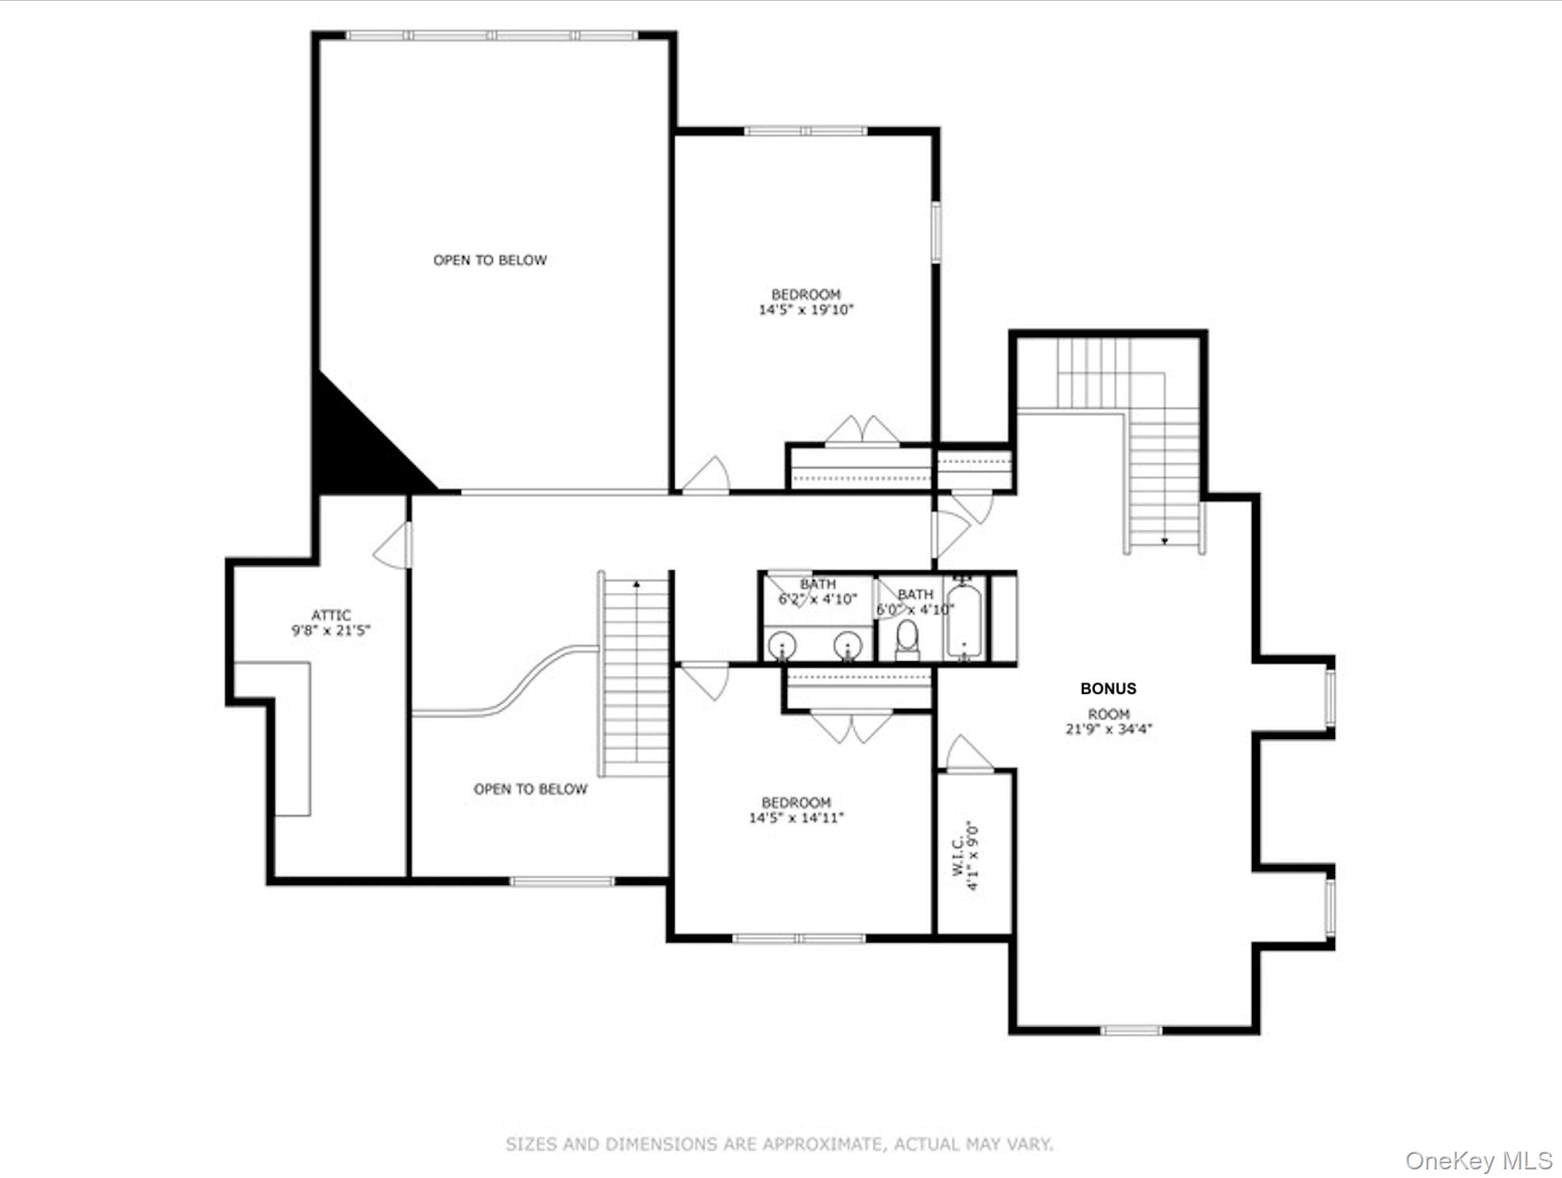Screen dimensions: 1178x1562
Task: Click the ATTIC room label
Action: tap(331, 615)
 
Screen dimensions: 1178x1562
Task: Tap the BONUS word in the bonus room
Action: tap(1108, 688)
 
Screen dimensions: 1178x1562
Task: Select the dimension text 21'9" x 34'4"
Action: tap(1108, 729)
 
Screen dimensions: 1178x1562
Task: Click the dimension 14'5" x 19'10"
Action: tap(806, 310)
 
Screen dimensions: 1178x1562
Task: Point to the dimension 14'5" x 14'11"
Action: tap(796, 817)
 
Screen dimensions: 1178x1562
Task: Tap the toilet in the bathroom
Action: tap(907, 639)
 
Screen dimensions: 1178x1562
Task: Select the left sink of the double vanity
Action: tap(782, 645)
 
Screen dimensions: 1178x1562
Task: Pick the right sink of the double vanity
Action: tap(848, 645)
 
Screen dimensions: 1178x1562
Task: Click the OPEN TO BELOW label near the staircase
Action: tap(530, 789)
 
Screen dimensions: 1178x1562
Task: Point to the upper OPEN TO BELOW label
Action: tap(490, 260)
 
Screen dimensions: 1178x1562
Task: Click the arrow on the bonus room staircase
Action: tap(1164, 541)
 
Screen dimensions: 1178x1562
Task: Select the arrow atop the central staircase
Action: tap(636, 584)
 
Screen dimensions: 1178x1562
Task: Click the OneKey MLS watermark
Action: tap(1478, 1161)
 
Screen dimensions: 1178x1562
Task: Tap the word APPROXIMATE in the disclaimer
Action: tap(823, 1144)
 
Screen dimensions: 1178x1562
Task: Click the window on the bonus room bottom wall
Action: tap(1131, 1030)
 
